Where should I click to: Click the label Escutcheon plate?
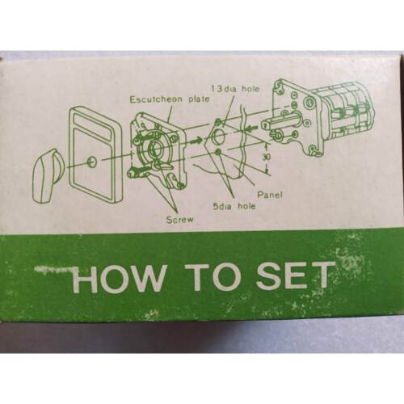click(170, 99)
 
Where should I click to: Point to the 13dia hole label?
click(235, 89)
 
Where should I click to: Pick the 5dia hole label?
click(234, 207)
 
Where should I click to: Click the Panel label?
click(270, 195)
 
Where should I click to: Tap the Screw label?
click(180, 220)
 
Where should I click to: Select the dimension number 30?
click(267, 157)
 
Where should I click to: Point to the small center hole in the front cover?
click(92, 161)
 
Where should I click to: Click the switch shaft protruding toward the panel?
click(280, 124)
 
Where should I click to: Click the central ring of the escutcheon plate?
click(154, 147)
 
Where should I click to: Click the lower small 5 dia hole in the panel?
click(219, 153)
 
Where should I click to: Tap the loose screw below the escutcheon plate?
click(137, 171)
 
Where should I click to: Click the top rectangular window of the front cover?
click(93, 124)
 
